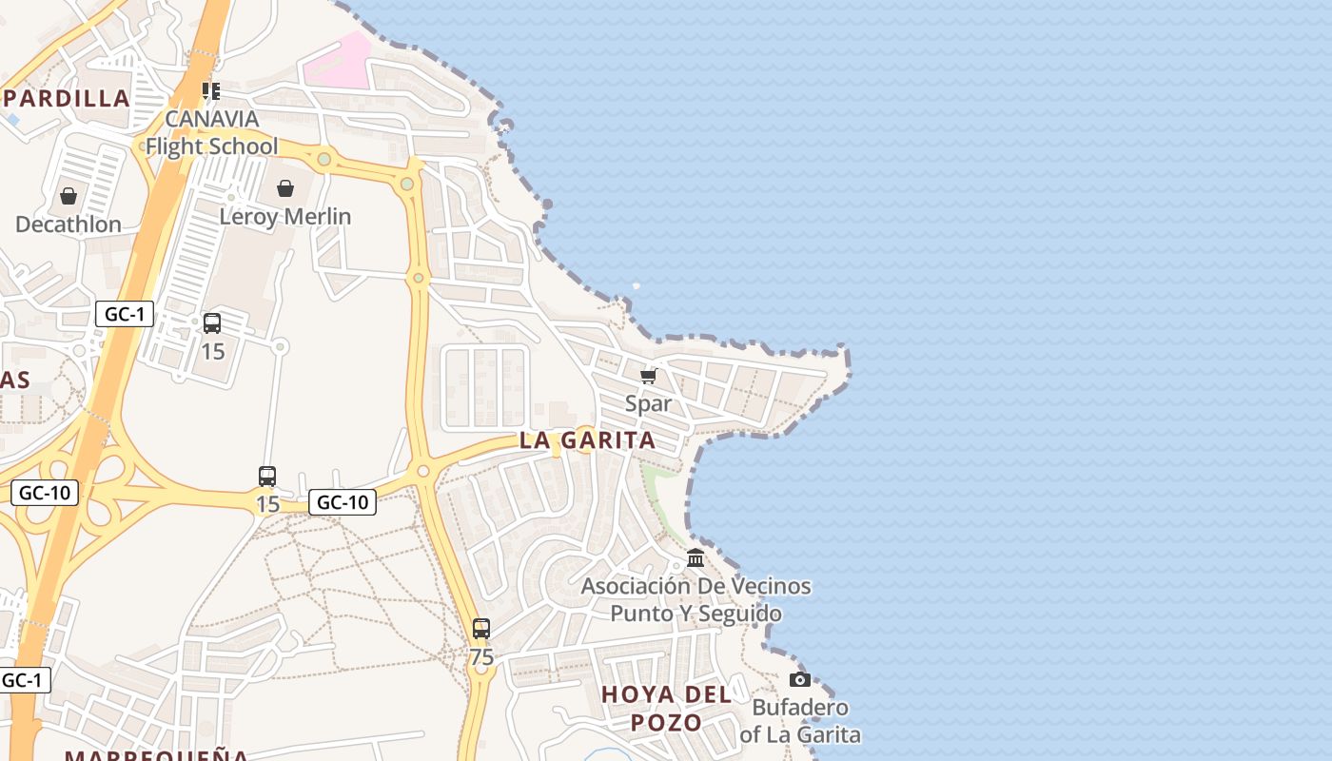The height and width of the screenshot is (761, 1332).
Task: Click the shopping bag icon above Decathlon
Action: [x=69, y=197]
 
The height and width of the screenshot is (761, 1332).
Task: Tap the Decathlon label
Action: [x=69, y=224]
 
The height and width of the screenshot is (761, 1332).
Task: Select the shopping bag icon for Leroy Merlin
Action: [x=285, y=188]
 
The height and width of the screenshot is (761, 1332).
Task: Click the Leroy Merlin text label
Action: [x=285, y=217]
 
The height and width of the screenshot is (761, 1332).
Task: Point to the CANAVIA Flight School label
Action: [x=211, y=132]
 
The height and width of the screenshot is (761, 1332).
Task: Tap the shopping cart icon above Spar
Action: [x=649, y=377]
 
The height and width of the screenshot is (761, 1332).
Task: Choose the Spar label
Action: [x=649, y=403]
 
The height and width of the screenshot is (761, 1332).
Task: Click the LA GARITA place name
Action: [x=587, y=440]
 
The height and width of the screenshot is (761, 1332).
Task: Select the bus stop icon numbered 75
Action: [x=481, y=629]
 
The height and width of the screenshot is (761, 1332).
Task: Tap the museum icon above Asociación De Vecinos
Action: [x=695, y=557]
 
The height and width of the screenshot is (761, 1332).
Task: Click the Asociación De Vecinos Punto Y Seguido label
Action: [x=696, y=599]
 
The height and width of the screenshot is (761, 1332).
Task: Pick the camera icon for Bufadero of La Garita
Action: [x=800, y=679]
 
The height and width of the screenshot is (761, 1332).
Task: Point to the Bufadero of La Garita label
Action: [x=800, y=721]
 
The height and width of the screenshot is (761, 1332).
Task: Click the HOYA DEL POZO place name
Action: [x=667, y=708]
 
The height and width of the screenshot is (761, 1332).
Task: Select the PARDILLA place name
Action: [x=67, y=98]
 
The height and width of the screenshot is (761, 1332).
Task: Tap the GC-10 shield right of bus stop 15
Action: [x=343, y=502]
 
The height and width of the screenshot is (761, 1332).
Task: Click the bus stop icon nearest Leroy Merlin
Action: [x=212, y=323]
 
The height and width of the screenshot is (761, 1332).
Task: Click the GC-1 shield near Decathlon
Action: [x=125, y=314]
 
